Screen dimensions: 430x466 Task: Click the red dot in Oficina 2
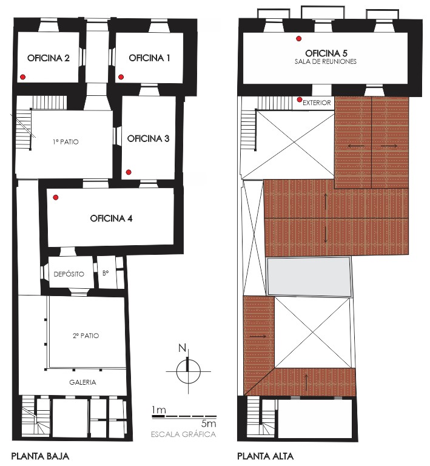(x=22, y=77)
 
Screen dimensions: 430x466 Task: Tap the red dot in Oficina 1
(x=121, y=77)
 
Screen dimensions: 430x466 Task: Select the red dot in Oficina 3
(x=129, y=172)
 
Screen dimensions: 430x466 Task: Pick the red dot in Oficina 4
(x=56, y=197)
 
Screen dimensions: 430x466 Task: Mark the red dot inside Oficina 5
(x=299, y=39)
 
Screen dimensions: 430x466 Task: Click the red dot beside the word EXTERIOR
(x=300, y=100)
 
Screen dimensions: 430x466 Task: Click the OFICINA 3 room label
(x=148, y=138)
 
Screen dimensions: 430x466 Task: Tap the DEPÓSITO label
(x=69, y=274)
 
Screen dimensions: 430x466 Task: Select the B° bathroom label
(x=106, y=273)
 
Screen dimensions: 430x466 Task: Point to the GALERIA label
(x=82, y=382)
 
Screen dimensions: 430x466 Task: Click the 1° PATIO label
(x=66, y=142)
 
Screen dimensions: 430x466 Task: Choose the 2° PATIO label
(x=86, y=336)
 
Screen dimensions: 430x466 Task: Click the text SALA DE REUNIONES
(x=326, y=61)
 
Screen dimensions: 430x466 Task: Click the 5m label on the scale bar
(x=209, y=423)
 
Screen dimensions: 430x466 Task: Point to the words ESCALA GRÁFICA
(x=184, y=434)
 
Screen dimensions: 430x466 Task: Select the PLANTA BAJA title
(x=40, y=456)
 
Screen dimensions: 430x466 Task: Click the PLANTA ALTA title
(x=265, y=456)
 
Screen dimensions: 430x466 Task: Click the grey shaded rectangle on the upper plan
(x=309, y=277)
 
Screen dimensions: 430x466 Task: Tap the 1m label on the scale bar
(x=158, y=410)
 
